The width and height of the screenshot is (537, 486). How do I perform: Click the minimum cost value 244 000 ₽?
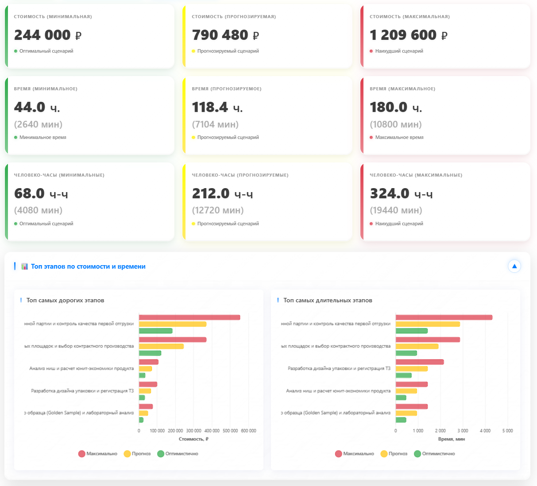point(47,35)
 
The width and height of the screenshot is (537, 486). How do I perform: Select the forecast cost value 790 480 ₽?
point(225,35)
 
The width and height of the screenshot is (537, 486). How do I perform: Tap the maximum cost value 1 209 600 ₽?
point(408,35)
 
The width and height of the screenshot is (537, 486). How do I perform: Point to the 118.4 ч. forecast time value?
point(217,107)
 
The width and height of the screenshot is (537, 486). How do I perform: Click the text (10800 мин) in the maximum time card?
point(396,124)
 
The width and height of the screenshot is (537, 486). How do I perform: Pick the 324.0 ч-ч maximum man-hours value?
point(401,193)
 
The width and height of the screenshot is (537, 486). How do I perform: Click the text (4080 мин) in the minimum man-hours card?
point(38,210)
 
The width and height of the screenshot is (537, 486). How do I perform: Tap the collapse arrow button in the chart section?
point(514,266)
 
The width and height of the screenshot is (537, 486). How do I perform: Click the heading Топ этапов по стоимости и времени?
point(88,266)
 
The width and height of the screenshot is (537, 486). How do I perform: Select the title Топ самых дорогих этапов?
point(65,300)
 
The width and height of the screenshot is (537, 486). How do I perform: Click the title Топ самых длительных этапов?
point(328,300)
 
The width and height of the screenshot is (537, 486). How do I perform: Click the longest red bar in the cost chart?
point(189,317)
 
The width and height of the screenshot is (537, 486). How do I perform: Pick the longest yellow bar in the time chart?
point(428,324)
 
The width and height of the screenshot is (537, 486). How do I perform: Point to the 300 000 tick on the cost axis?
point(193,431)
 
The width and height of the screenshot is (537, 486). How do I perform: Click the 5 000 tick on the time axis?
point(507,431)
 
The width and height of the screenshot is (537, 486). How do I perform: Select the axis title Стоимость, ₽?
point(193,439)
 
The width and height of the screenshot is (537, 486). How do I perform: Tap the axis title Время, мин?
point(451,439)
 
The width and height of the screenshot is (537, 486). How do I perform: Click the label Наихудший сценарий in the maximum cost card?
point(399,51)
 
